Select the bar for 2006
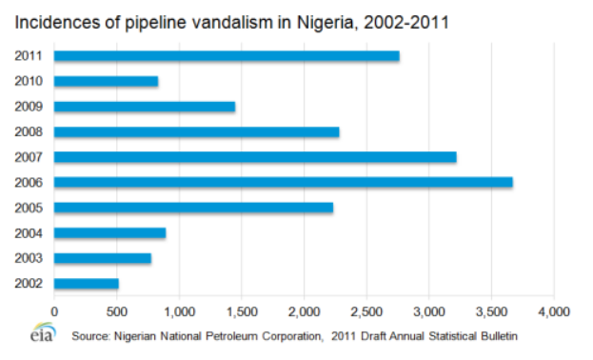tap(283, 182)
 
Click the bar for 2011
tap(227, 56)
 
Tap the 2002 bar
tap(87, 283)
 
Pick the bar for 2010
tap(106, 81)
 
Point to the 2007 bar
tap(255, 157)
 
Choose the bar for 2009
tap(145, 107)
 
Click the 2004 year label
tap(28, 232)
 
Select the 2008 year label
tap(28, 131)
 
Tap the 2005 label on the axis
tap(28, 208)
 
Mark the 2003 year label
tap(28, 258)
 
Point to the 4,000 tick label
tap(553, 310)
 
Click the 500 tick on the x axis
tap(116, 310)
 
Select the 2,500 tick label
tap(366, 310)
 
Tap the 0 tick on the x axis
tap(54, 310)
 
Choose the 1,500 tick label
tap(242, 310)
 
